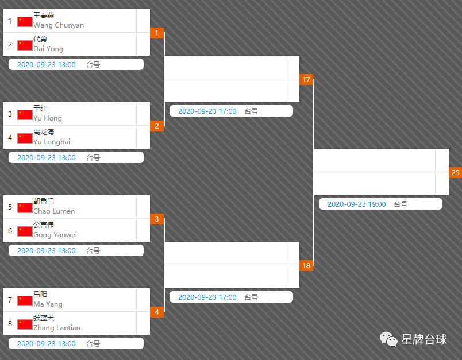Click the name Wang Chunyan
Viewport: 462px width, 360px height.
click(59, 25)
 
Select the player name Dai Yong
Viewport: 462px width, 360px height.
click(48, 49)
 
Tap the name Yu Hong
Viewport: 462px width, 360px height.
click(48, 118)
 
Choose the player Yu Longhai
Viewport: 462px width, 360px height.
click(52, 142)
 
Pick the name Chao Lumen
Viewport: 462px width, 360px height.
click(54, 211)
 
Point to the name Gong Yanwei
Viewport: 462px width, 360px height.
click(55, 235)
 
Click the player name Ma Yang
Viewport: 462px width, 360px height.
click(48, 304)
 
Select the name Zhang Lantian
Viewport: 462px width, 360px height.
click(57, 328)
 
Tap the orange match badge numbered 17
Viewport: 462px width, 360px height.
click(306, 79)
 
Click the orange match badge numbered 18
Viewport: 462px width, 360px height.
click(306, 265)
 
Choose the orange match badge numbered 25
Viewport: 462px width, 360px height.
click(455, 172)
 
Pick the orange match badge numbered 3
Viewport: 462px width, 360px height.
click(157, 219)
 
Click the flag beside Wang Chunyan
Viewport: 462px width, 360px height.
click(25, 22)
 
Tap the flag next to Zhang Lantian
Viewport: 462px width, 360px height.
click(25, 324)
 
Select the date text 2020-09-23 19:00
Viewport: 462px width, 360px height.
click(356, 204)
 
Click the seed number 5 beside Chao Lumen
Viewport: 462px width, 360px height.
click(10, 207)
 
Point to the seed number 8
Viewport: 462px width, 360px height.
click(10, 324)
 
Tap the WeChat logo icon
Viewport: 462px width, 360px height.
click(388, 339)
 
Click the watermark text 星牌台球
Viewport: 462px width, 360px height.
click(424, 340)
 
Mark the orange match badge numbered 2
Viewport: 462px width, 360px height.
click(157, 126)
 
